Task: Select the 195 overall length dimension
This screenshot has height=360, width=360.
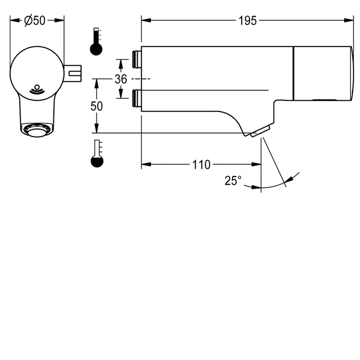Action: [x=247, y=20]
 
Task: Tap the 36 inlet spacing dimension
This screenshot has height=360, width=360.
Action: [x=121, y=79]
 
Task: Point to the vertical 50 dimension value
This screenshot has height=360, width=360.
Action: [x=97, y=106]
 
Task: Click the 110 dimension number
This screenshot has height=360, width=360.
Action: [x=201, y=165]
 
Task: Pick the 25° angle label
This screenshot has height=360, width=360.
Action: [x=233, y=181]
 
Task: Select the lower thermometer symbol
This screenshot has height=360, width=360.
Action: [x=96, y=154]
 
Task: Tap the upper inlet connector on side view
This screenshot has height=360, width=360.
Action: [x=136, y=59]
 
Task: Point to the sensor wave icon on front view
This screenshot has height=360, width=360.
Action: [x=37, y=89]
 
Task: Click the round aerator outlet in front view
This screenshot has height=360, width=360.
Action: [x=37, y=129]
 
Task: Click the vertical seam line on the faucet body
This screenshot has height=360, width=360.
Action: [x=293, y=73]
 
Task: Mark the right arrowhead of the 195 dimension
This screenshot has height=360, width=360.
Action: [x=350, y=20]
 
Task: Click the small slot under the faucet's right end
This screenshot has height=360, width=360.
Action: [x=324, y=100]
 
